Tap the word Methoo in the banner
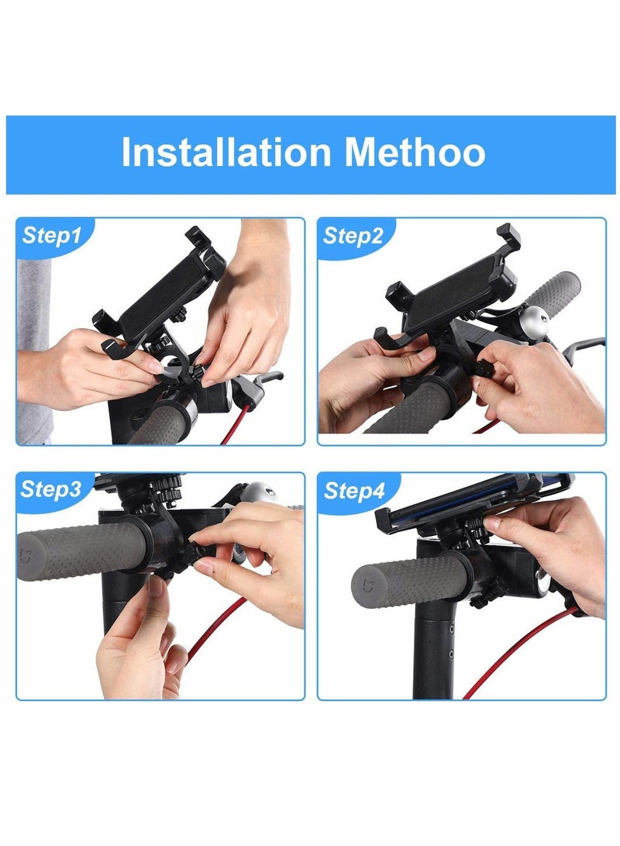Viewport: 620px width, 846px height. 415,153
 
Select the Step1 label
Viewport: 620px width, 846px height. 51,236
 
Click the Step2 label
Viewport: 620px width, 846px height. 353,236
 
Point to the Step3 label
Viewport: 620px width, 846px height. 51,489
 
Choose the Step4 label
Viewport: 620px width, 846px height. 353,490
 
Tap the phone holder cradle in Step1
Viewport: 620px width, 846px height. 159,291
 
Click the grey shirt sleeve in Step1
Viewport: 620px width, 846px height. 35,349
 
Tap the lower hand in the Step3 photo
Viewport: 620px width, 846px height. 139,651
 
